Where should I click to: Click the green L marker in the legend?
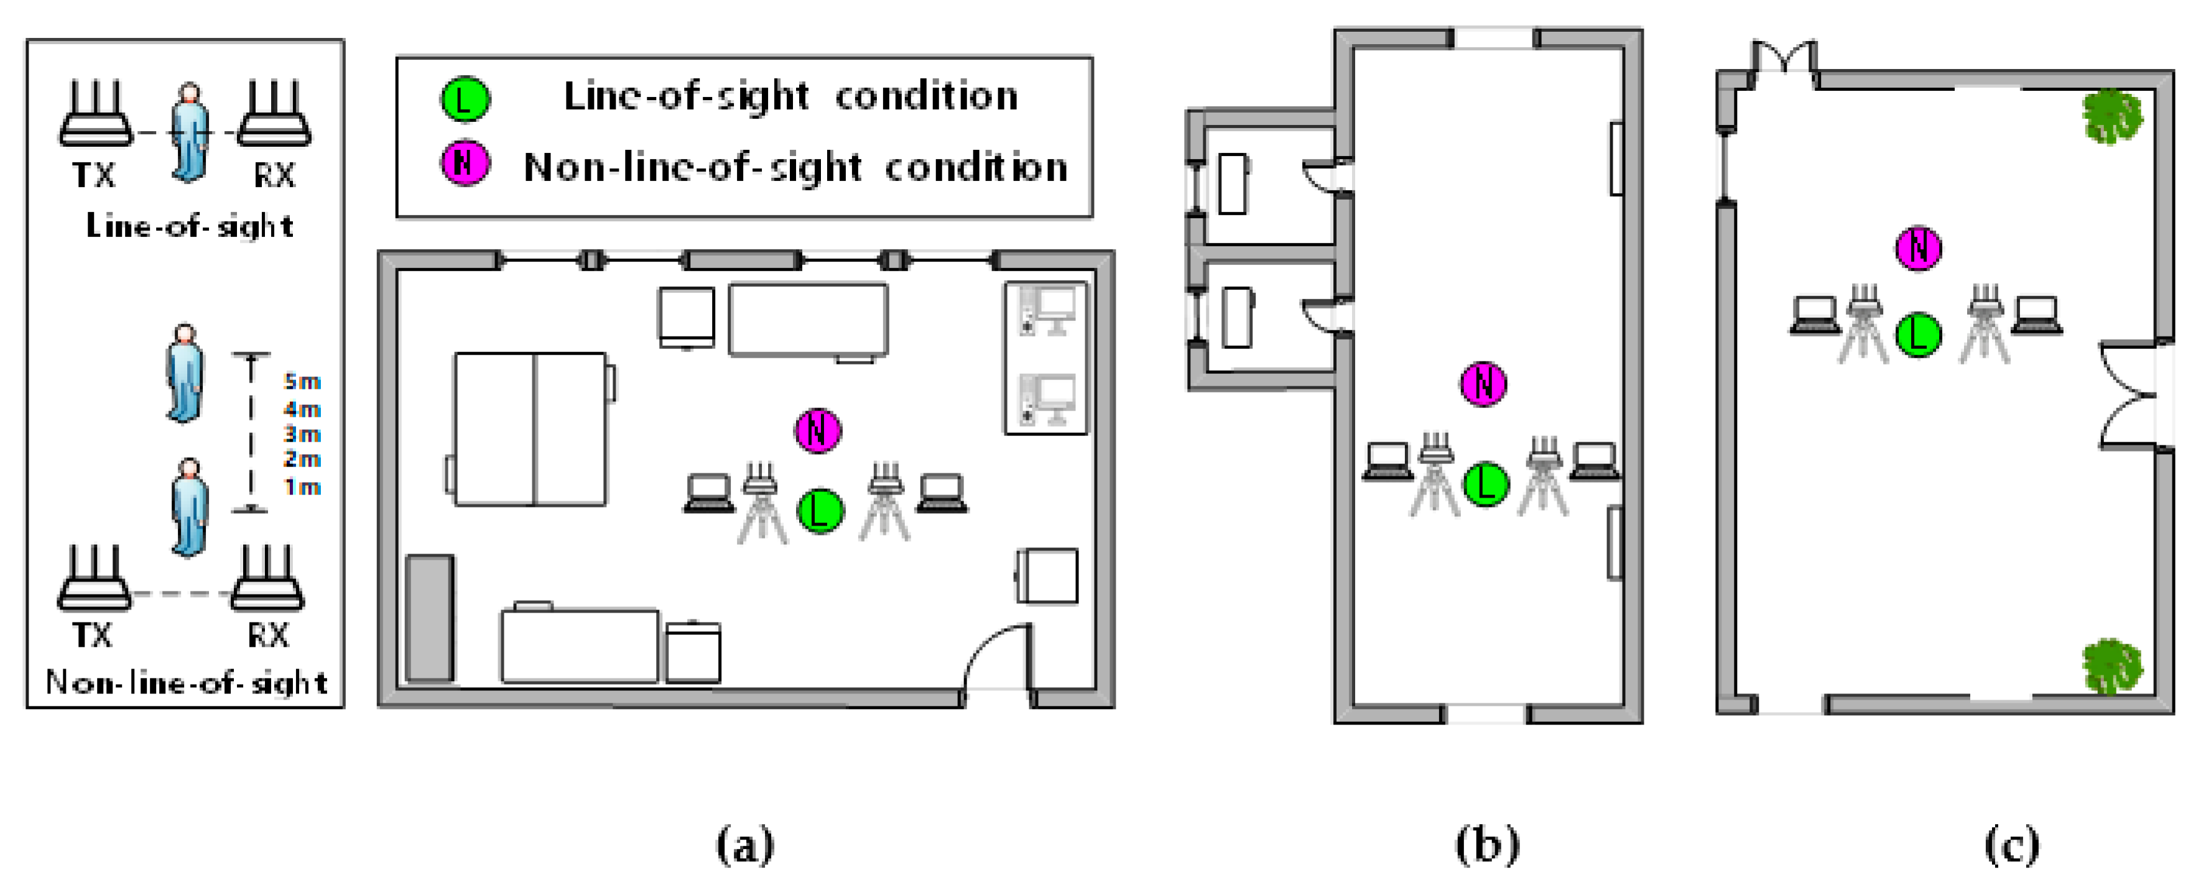click(x=465, y=100)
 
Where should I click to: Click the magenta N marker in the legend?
click(x=465, y=164)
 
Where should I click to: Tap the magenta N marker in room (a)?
click(x=818, y=430)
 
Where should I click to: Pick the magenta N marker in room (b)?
click(x=1484, y=384)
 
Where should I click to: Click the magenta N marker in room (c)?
click(x=1918, y=248)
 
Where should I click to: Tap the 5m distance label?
click(x=302, y=381)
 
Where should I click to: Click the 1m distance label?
click(x=302, y=487)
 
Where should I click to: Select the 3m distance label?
click(x=302, y=434)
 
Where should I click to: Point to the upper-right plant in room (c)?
click(x=2111, y=117)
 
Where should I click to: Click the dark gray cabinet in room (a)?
click(x=429, y=618)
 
